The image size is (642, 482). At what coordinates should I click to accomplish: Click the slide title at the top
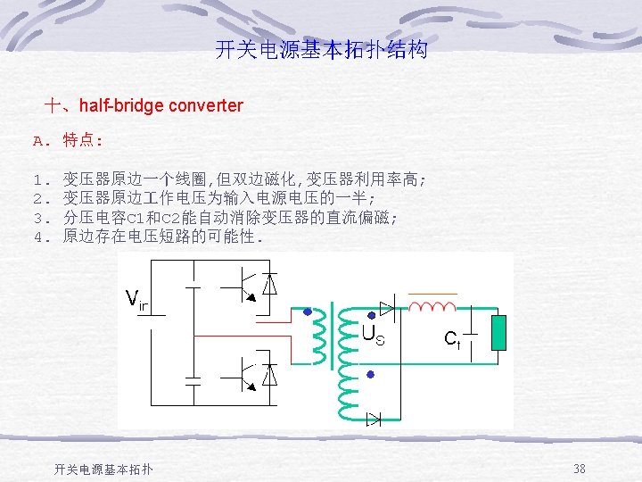point(321,49)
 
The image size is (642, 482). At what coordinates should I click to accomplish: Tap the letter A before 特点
point(38,140)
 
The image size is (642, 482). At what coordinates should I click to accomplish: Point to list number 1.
point(38,179)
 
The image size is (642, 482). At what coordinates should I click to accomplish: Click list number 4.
point(38,237)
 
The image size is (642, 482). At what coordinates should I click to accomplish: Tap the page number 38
point(580,469)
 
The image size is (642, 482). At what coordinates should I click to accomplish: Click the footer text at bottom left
point(103,469)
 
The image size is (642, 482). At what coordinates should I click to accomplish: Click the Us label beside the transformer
point(373,337)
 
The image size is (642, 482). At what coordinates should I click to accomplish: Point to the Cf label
point(452,338)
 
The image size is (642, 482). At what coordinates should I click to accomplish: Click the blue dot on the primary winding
point(308,313)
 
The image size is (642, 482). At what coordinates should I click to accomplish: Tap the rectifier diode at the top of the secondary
point(387,308)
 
